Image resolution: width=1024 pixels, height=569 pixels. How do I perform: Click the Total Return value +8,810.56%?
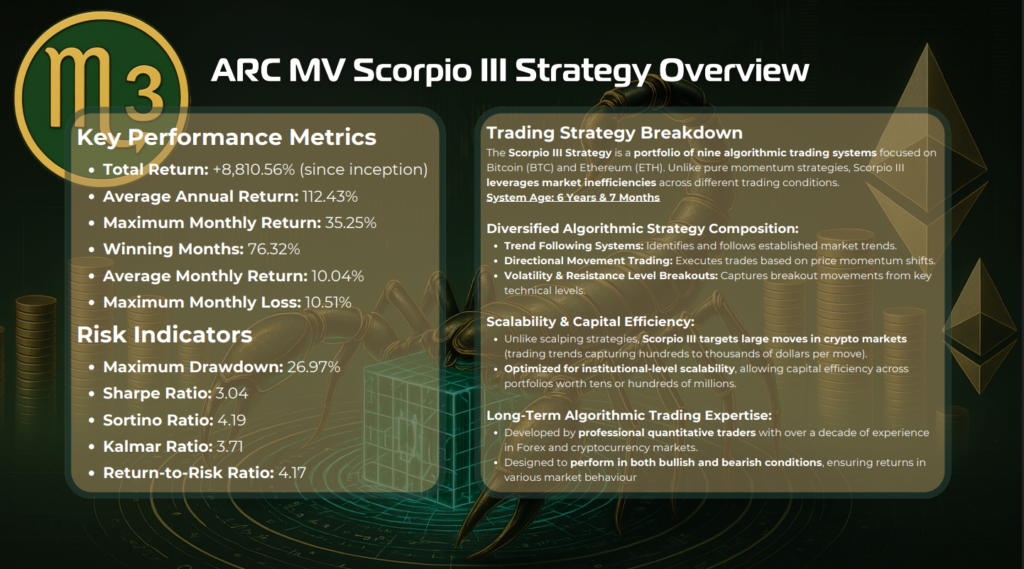(x=254, y=170)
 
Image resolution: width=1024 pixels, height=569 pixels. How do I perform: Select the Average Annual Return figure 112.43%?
(x=330, y=197)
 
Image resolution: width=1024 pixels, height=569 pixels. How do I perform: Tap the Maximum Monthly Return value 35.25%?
(x=351, y=223)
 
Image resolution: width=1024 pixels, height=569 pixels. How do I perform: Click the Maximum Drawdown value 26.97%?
(x=313, y=367)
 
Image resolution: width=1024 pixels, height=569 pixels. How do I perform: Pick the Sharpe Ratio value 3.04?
(x=232, y=393)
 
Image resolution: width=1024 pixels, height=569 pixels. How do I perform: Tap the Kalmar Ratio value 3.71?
(x=230, y=447)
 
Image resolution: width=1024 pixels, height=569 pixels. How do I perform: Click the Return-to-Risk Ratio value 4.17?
(x=292, y=473)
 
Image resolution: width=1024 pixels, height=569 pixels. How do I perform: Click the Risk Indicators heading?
(x=165, y=334)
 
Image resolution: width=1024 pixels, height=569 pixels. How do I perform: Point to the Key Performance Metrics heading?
(x=227, y=137)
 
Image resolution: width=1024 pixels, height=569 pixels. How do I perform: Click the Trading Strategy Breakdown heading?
(x=615, y=133)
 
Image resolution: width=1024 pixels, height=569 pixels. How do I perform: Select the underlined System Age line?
(x=573, y=197)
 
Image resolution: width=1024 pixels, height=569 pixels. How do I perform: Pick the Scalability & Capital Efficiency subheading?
(x=590, y=321)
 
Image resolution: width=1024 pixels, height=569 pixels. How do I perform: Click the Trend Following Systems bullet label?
(x=573, y=246)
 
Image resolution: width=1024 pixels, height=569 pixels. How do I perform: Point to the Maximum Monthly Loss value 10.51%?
(x=328, y=302)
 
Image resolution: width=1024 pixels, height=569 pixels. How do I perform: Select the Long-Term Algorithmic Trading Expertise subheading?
(x=629, y=415)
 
